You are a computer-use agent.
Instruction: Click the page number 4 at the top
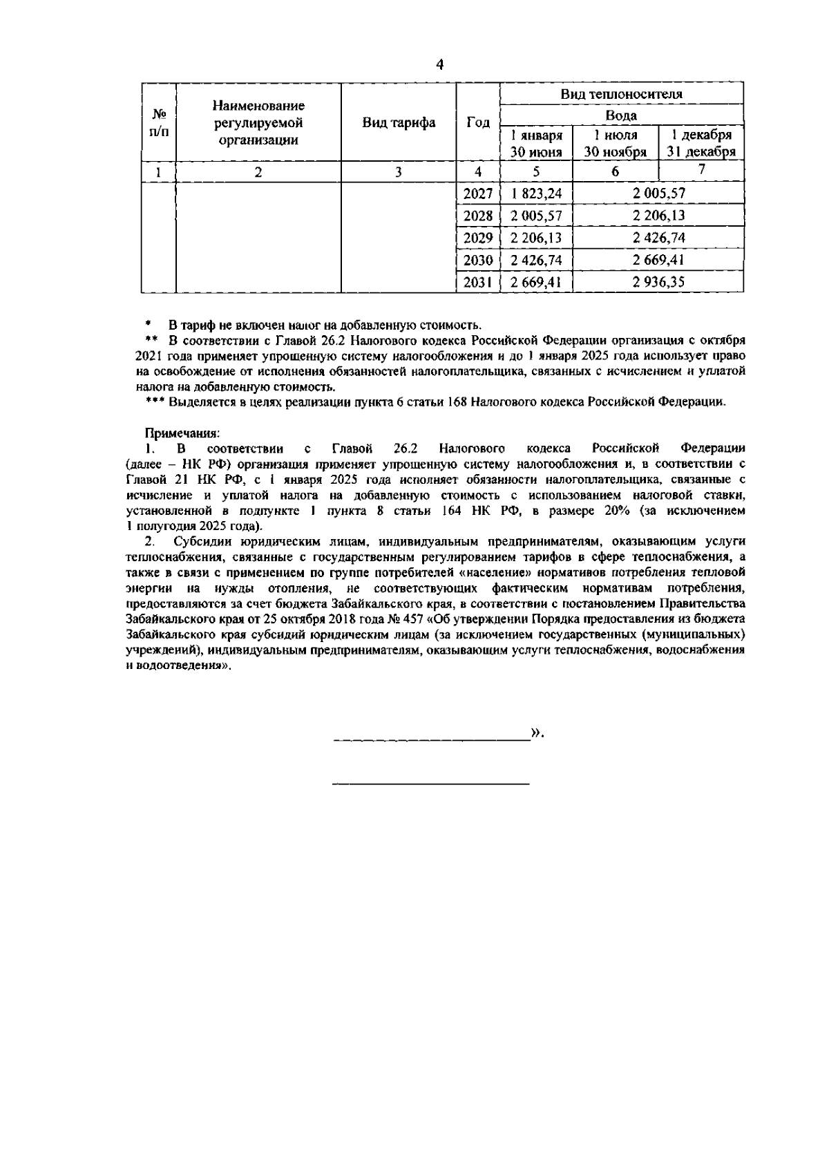click(x=439, y=65)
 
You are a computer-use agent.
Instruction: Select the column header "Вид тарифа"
click(x=399, y=123)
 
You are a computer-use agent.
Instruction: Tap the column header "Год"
click(x=478, y=122)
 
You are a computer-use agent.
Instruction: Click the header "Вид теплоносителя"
click(x=621, y=94)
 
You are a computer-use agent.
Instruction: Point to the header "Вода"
click(x=621, y=115)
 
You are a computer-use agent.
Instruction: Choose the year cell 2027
click(x=478, y=194)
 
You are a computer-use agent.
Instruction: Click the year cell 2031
click(x=478, y=282)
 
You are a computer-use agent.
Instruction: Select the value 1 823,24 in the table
click(x=536, y=194)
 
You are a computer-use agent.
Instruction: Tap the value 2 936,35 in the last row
click(x=659, y=282)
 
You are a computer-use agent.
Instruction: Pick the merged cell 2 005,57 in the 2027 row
click(x=659, y=194)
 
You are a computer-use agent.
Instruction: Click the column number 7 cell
click(x=701, y=170)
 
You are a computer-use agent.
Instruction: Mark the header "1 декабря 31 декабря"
click(x=701, y=143)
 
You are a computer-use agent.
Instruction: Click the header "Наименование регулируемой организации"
click(x=258, y=123)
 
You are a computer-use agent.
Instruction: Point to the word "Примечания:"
click(x=182, y=433)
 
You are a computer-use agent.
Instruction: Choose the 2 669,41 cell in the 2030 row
click(x=659, y=260)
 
